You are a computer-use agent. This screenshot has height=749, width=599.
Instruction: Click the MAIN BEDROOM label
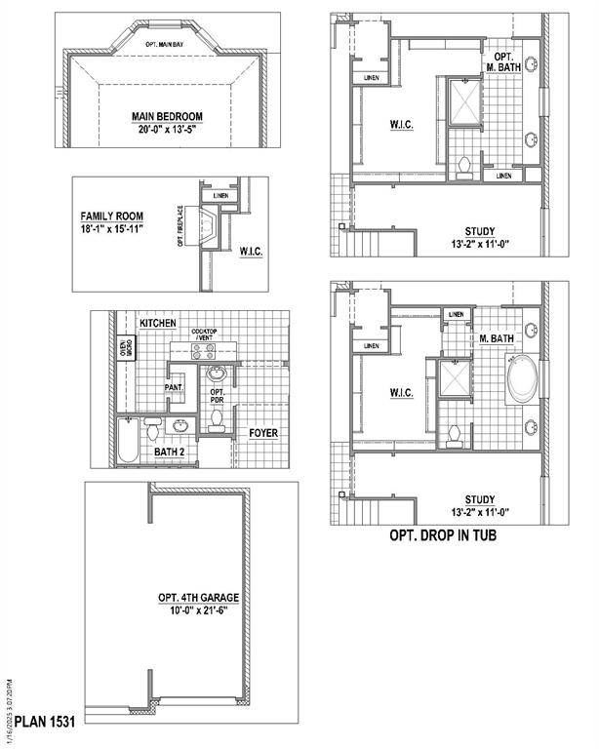coord(172,117)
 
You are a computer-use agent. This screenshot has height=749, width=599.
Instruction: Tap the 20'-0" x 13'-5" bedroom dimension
coord(172,130)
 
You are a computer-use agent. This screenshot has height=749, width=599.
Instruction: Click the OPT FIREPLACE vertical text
coord(181,225)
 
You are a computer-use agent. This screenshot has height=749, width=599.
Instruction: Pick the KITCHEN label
coord(157,323)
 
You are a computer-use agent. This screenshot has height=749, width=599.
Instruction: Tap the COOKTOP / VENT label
coord(205,335)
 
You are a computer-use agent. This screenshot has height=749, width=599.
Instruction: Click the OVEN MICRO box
coord(126,349)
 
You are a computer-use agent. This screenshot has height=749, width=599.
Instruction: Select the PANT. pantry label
coord(175,387)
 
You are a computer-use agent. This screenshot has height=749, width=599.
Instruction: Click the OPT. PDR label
coord(218,396)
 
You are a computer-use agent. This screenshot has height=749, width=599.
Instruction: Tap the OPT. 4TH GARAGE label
coord(198,598)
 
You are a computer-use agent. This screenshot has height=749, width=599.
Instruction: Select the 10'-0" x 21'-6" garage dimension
coord(198,611)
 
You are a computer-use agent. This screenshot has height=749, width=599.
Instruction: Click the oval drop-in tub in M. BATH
coord(521,380)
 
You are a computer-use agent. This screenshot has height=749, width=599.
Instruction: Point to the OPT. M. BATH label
coord(503,63)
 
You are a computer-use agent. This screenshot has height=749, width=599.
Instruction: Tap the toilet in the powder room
coord(217,420)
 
